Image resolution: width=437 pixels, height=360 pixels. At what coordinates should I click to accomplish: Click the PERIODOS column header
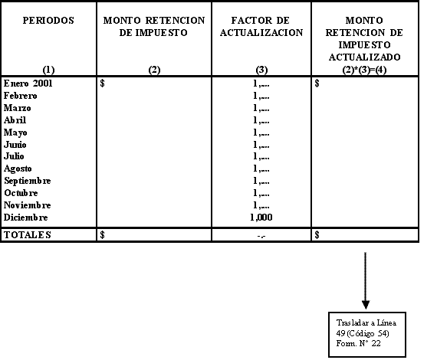(48, 21)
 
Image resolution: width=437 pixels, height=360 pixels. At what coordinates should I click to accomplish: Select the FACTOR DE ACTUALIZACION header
(261, 27)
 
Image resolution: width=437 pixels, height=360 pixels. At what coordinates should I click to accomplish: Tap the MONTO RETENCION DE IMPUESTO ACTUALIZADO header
(364, 39)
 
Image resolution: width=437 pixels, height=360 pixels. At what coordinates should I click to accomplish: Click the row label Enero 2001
(28, 83)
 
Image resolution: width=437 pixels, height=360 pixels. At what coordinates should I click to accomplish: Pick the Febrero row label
(21, 96)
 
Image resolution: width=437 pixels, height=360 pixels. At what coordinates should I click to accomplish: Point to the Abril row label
(15, 120)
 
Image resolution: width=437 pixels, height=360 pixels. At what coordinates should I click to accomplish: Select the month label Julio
(14, 156)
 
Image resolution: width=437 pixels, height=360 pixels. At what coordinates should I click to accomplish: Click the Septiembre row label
(28, 181)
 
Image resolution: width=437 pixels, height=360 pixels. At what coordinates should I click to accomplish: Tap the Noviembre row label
(28, 205)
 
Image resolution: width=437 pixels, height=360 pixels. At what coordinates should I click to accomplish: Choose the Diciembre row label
(25, 218)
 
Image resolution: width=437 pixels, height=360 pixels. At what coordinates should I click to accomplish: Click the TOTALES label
(28, 235)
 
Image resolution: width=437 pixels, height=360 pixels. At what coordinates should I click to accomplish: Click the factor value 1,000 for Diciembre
(261, 218)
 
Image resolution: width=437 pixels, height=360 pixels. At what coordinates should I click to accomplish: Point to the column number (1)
(48, 70)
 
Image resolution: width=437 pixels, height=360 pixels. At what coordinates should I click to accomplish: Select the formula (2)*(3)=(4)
(364, 70)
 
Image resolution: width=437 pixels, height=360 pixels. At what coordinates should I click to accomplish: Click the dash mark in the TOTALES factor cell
(261, 237)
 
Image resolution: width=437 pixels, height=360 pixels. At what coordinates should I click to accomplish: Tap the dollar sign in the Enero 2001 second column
(102, 83)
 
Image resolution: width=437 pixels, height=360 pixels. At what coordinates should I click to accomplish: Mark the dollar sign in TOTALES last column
(317, 235)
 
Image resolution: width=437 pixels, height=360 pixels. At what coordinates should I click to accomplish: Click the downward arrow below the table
(366, 280)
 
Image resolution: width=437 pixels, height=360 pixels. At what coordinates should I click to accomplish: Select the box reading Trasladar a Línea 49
(367, 335)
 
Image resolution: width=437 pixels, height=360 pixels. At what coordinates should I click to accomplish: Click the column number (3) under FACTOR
(261, 70)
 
